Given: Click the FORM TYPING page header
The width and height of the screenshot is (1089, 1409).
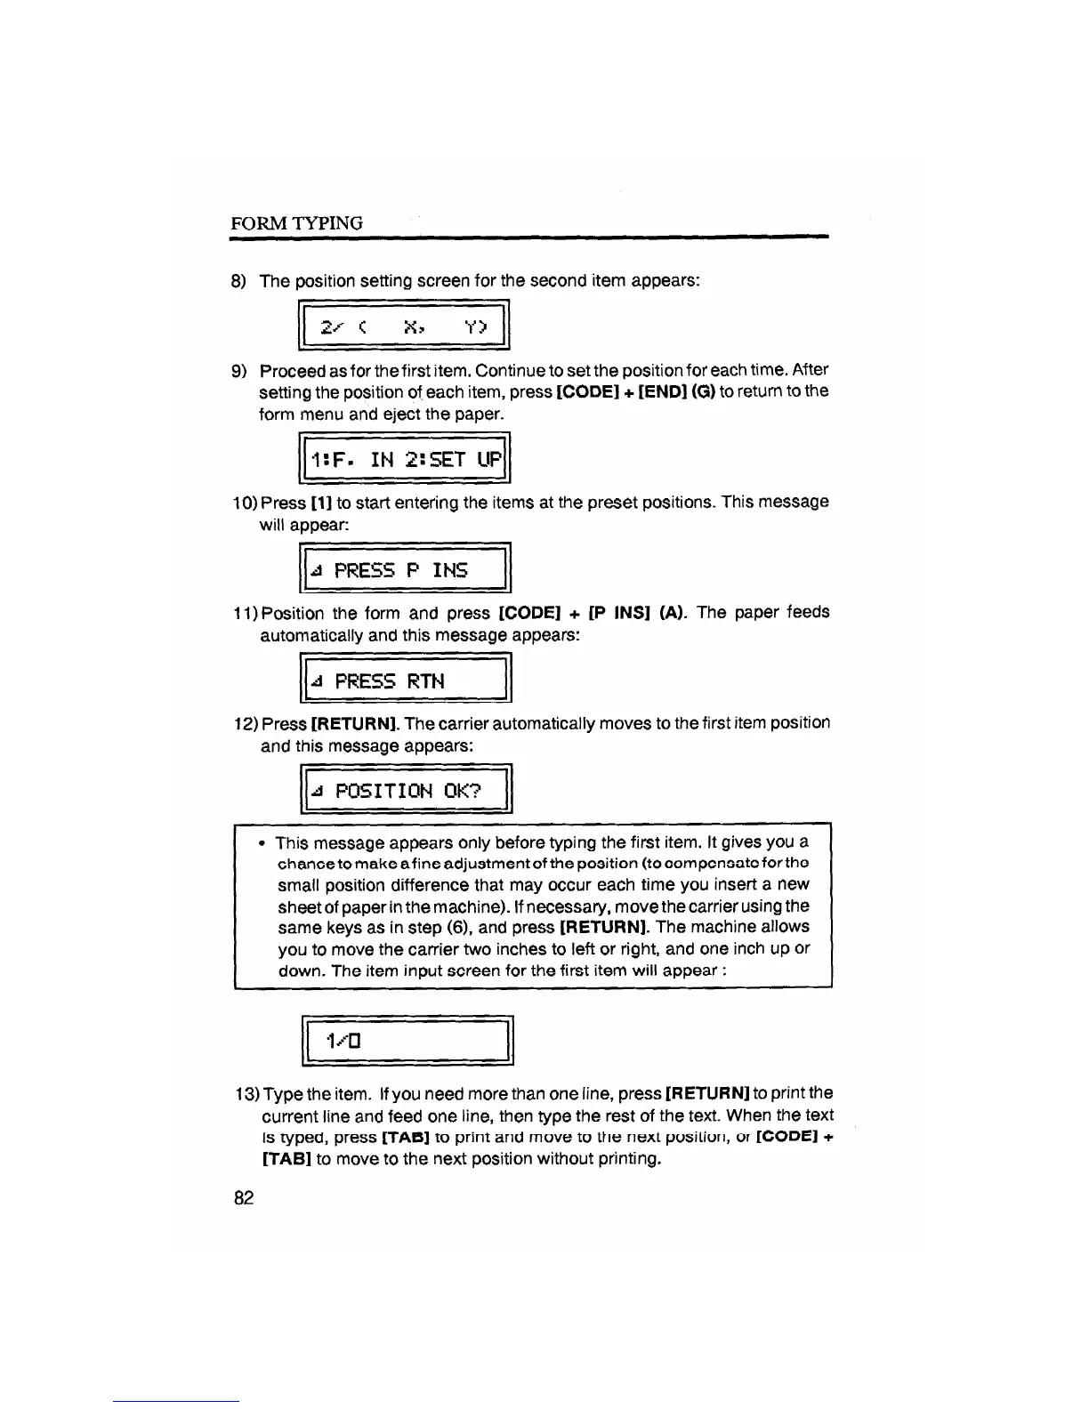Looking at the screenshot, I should pos(296,223).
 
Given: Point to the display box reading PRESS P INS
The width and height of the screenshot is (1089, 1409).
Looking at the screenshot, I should pos(406,569).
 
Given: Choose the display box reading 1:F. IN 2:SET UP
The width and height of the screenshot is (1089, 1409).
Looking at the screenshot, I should pos(406,460).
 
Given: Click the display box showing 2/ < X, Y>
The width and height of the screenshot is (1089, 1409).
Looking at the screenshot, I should pos(405,326).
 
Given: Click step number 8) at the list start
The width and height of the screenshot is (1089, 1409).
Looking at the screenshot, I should pos(238,281).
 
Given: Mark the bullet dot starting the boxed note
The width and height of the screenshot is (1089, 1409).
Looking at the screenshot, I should pos(262,841).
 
